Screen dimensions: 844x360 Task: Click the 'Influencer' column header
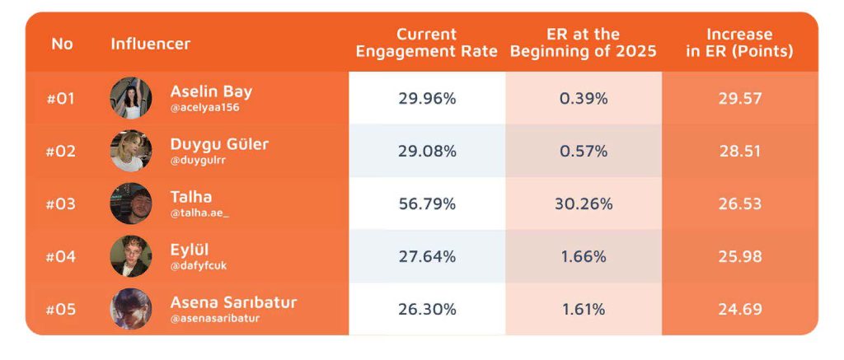point(151,44)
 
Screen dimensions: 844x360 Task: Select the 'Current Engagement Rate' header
point(427,43)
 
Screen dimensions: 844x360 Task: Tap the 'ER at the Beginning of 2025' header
point(584,43)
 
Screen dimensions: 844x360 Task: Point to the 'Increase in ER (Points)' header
point(739,43)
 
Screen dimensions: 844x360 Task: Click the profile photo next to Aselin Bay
point(131,98)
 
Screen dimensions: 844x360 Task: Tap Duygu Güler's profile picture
point(131,151)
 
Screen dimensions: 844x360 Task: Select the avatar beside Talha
point(131,203)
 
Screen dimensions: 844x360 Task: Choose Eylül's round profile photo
point(131,256)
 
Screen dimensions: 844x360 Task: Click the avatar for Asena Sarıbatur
point(131,309)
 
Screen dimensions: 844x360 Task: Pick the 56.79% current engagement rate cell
point(428,204)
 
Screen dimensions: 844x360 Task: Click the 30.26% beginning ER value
point(584,204)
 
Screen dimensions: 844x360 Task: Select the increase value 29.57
point(740,99)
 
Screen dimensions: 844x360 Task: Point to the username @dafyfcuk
point(199,266)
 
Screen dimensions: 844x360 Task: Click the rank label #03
point(61,204)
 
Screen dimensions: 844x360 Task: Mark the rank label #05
point(61,310)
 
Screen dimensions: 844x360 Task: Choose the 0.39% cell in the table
point(584,99)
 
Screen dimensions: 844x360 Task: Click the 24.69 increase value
point(740,310)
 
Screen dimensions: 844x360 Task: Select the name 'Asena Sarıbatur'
point(233,302)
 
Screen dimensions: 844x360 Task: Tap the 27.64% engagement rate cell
point(428,257)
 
